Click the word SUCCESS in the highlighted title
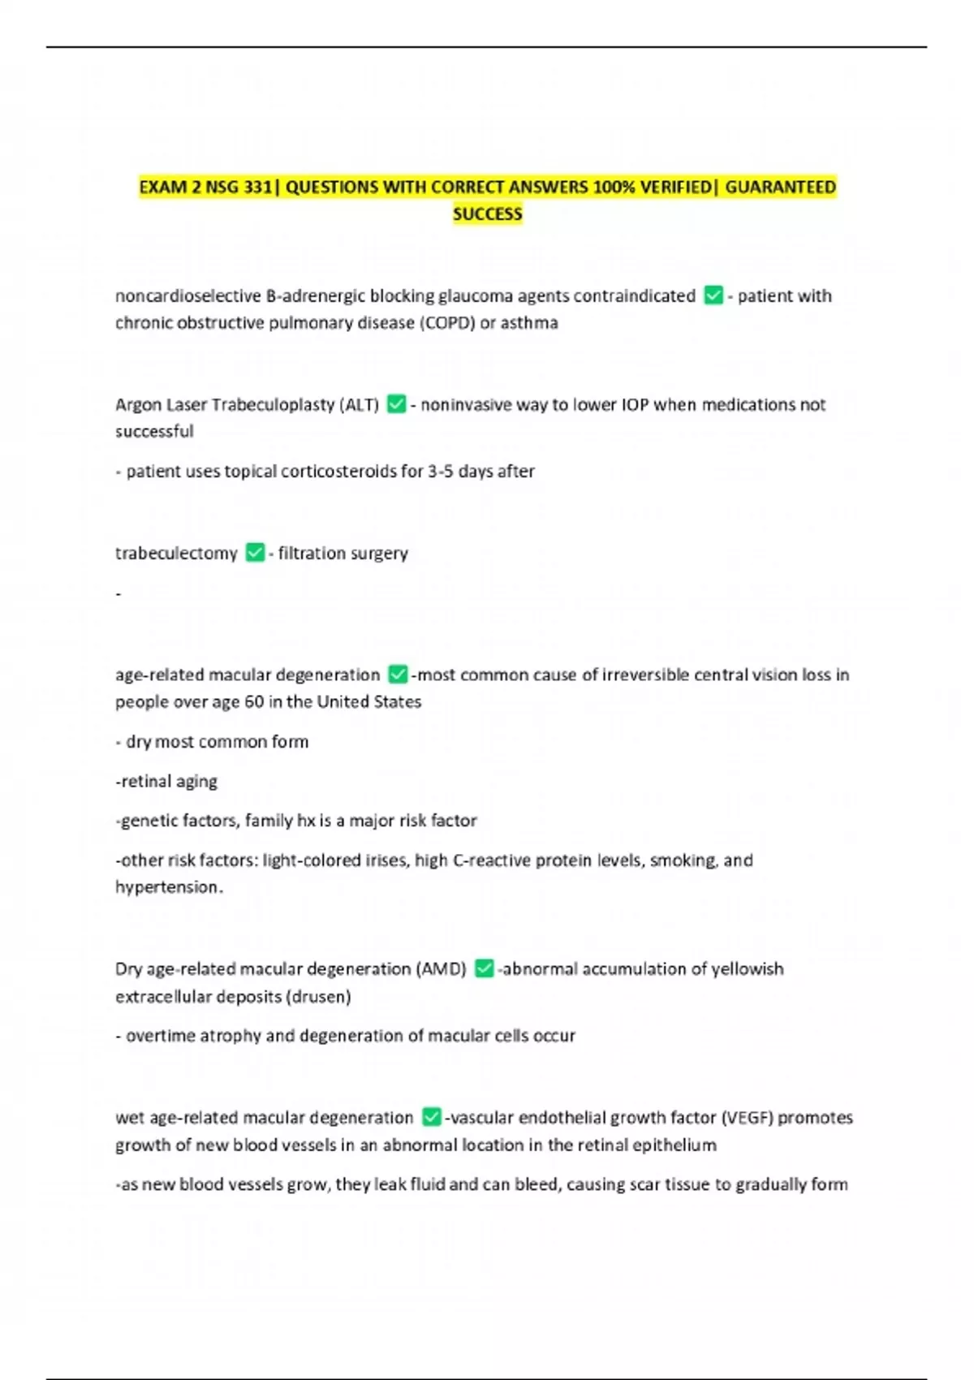tap(487, 214)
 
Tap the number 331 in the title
tap(256, 188)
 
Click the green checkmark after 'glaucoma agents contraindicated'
tap(713, 295)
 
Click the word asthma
tap(529, 323)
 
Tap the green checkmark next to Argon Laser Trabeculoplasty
tap(396, 404)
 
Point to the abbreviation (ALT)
tap(359, 404)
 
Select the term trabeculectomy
tap(176, 554)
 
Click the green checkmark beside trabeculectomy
tap(255, 553)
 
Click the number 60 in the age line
tap(254, 702)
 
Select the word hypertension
tap(167, 887)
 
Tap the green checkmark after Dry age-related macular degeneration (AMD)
tap(484, 968)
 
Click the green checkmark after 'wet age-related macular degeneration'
tap(432, 1118)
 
